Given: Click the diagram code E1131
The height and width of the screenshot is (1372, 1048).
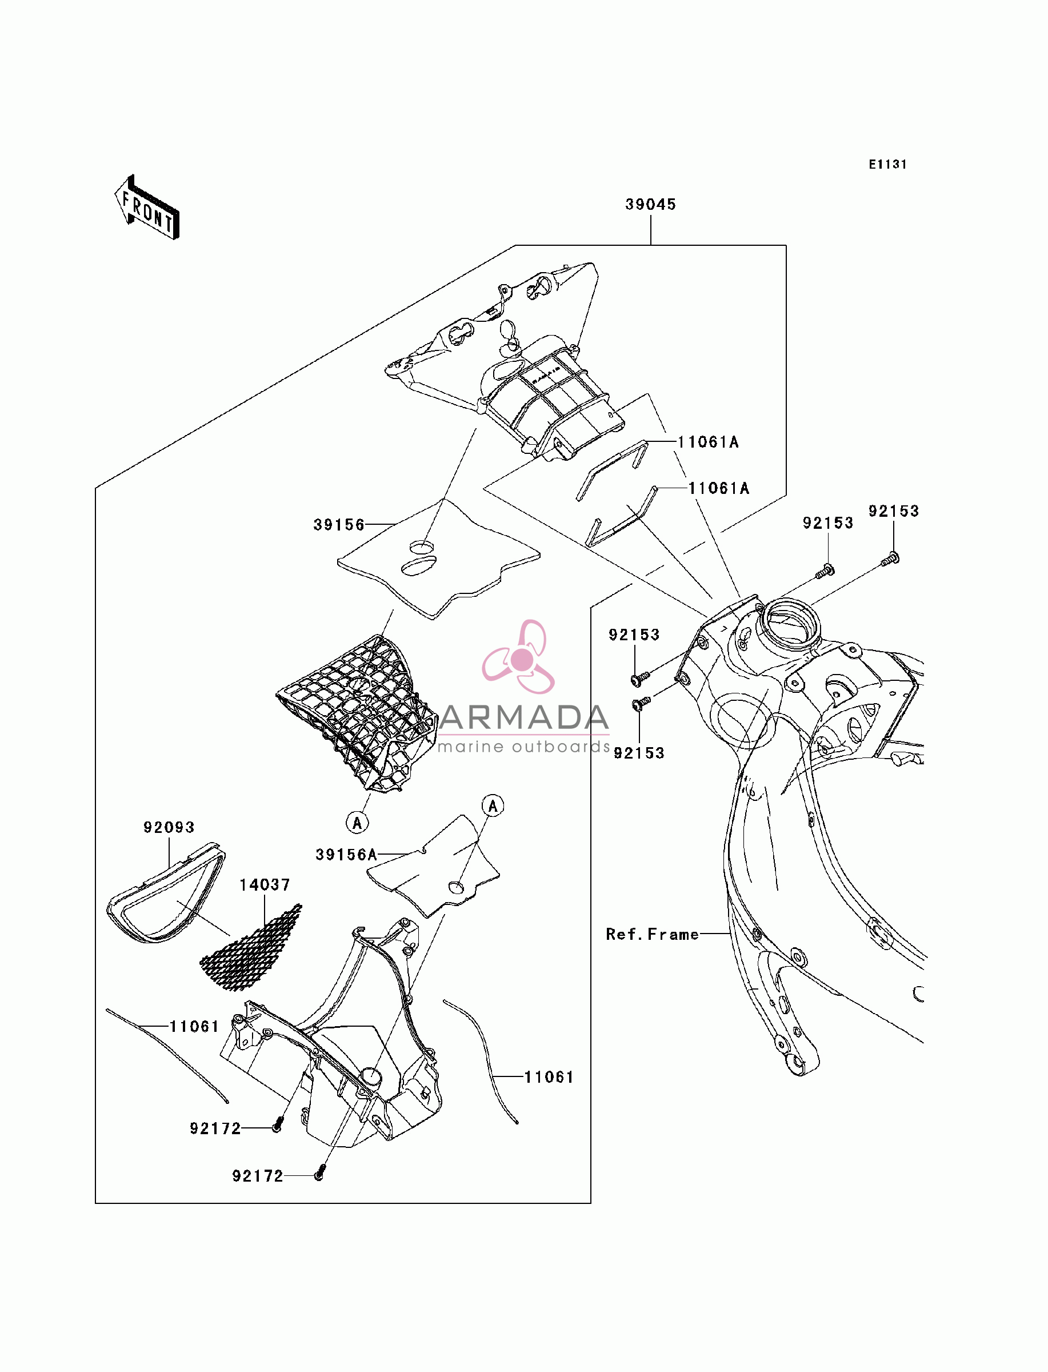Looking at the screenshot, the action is click(887, 164).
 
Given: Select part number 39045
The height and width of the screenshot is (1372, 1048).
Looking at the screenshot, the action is click(651, 204).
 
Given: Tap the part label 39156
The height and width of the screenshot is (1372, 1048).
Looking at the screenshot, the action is click(339, 525).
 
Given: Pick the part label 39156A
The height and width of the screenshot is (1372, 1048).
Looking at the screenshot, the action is click(346, 855).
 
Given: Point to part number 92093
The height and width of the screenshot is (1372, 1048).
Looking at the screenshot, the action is click(169, 827).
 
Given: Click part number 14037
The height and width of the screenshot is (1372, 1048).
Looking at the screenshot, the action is click(265, 885).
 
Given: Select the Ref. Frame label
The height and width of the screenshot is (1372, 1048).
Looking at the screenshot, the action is click(653, 934).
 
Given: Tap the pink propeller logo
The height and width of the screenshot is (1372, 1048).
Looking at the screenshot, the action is click(519, 657).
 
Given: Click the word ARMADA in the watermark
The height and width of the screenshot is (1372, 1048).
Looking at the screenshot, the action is click(523, 717).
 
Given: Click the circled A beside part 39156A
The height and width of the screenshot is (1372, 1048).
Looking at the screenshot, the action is click(493, 806).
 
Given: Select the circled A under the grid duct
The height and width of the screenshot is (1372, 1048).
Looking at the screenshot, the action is click(357, 823).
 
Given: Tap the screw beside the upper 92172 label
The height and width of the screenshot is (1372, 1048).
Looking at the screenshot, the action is click(278, 1126).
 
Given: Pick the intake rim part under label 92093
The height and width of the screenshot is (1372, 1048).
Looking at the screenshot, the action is click(166, 892).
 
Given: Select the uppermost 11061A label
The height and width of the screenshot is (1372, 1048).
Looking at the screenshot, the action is click(708, 442).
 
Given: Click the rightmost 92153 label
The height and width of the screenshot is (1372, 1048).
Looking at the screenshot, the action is click(893, 511).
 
